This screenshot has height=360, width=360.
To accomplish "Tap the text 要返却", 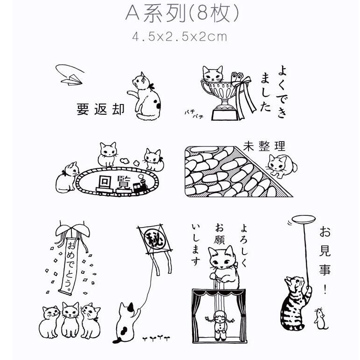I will [101, 110].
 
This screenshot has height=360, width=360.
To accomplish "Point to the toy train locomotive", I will [139, 187].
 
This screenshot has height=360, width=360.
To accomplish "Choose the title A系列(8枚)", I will [182, 14].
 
